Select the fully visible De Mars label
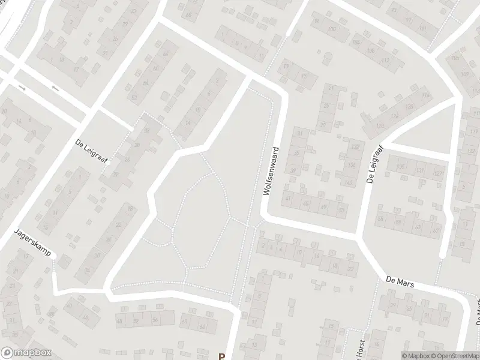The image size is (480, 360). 400,281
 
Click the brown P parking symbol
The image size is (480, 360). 221,356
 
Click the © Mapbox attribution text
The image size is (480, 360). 414,356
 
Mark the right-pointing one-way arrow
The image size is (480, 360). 23,88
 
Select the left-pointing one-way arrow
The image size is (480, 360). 55,89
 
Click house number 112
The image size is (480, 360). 385,61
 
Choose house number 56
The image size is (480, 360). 155,320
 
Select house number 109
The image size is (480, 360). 465,74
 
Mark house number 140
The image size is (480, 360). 349,182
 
